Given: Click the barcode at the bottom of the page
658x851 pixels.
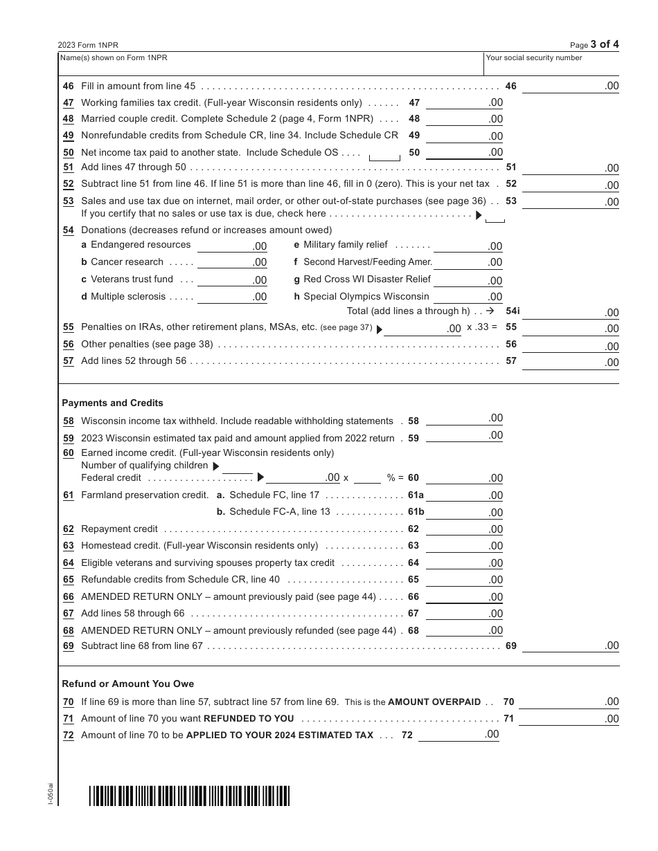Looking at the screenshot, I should pyautogui.click(x=189, y=796).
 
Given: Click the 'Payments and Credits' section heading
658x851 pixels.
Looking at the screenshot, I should pyautogui.click(x=112, y=403).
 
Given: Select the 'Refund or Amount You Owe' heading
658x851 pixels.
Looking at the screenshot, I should pyautogui.click(x=128, y=684).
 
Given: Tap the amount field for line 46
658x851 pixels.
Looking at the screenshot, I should pyautogui.click(x=570, y=86).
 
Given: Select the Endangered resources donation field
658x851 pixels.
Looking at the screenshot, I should pyautogui.click(x=232, y=246).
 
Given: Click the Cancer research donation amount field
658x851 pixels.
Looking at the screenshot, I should pyautogui.click(x=232, y=262).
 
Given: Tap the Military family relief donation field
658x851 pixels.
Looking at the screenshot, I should pyautogui.click(x=468, y=246).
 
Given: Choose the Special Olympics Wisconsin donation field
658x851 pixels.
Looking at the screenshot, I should pyautogui.click(x=468, y=297).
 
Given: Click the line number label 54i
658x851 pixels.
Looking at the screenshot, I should pyautogui.click(x=513, y=311).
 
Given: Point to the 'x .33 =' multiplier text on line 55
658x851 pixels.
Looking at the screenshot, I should pyautogui.click(x=482, y=327).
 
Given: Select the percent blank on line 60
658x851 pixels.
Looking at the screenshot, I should pyautogui.click(x=368, y=478).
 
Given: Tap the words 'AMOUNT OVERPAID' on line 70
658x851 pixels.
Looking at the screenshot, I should pyautogui.click(x=434, y=702).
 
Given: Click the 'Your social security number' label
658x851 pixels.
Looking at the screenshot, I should pyautogui.click(x=534, y=58).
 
